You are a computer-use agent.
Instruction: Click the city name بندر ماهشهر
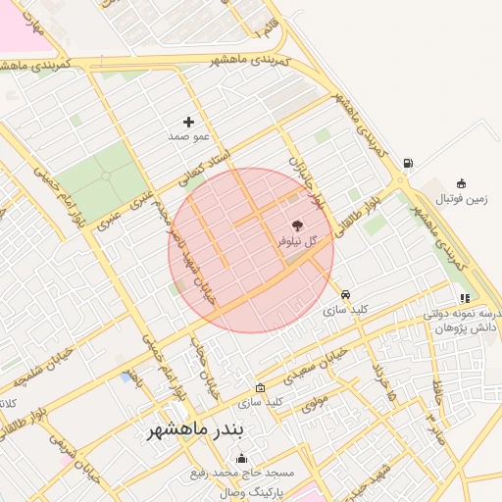201,431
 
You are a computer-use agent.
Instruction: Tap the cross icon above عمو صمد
188,121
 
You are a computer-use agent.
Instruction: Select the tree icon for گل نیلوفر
298,225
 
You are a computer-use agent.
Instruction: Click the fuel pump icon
408,164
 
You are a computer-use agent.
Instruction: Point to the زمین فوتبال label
462,199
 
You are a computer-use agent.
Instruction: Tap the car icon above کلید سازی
345,294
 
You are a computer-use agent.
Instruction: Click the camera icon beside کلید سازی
260,387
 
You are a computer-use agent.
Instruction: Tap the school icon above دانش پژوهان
464,298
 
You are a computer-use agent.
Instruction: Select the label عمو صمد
188,137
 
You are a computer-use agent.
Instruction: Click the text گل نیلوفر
298,240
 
